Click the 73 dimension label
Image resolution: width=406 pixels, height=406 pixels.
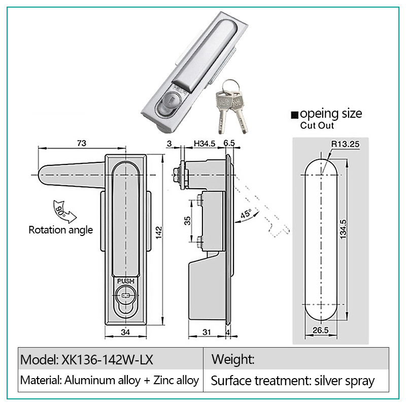pos(82,143)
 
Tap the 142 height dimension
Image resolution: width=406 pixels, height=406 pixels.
pos(159,232)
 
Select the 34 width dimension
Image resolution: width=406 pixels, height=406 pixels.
pos(125,332)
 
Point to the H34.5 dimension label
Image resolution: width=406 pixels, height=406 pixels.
pos(205,144)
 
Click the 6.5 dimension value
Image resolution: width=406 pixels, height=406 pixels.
pos(229,143)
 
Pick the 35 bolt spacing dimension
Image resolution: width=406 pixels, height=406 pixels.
pos(187,221)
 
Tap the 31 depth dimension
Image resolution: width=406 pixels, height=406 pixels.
pos(207,332)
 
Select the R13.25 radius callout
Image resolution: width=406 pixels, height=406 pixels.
pos(346,144)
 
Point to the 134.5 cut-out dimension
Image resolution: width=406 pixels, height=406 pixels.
pos(343,229)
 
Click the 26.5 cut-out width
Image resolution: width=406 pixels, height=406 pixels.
pos(321,330)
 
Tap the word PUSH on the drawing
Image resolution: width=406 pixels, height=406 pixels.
pos(125,281)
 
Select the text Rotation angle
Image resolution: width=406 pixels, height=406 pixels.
pos(60,230)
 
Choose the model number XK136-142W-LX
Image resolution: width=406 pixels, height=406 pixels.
pos(107,360)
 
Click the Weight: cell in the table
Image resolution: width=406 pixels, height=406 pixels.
pos(233,359)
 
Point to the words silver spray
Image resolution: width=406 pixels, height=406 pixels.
pos(345,381)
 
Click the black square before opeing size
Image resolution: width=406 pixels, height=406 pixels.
pos(295,115)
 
